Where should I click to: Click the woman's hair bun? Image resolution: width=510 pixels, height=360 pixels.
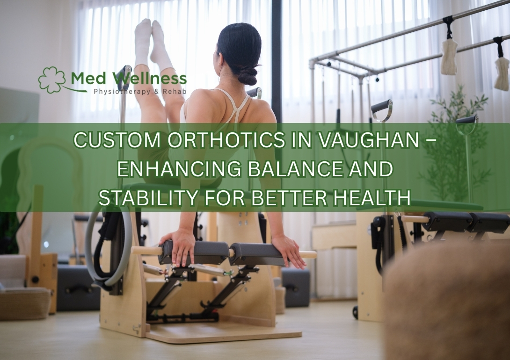coord(248,74)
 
